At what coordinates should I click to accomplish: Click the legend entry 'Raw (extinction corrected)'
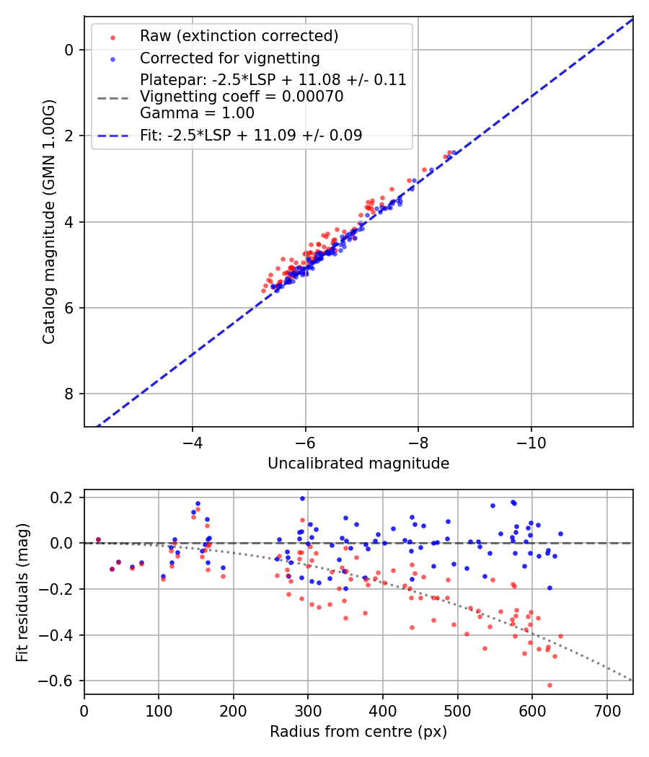[239, 36]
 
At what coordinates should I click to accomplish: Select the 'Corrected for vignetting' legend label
[229, 58]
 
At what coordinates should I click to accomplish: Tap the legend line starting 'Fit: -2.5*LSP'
[251, 135]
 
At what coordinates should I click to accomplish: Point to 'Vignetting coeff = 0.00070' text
[242, 97]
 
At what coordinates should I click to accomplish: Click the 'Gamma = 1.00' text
[197, 113]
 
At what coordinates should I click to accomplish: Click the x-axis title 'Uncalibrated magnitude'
[358, 464]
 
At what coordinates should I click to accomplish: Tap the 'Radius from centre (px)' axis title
[358, 732]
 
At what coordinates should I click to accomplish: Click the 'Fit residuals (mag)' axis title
[22, 591]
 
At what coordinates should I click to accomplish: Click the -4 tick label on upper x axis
[193, 441]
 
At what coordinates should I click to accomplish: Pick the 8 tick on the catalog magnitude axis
[69, 394]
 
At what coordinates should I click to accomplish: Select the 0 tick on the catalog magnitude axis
[69, 50]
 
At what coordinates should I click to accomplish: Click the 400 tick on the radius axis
[382, 709]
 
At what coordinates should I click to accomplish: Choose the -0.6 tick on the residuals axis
[58, 681]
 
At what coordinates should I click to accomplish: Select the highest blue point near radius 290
[302, 498]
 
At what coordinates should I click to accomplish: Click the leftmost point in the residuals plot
[98, 539]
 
